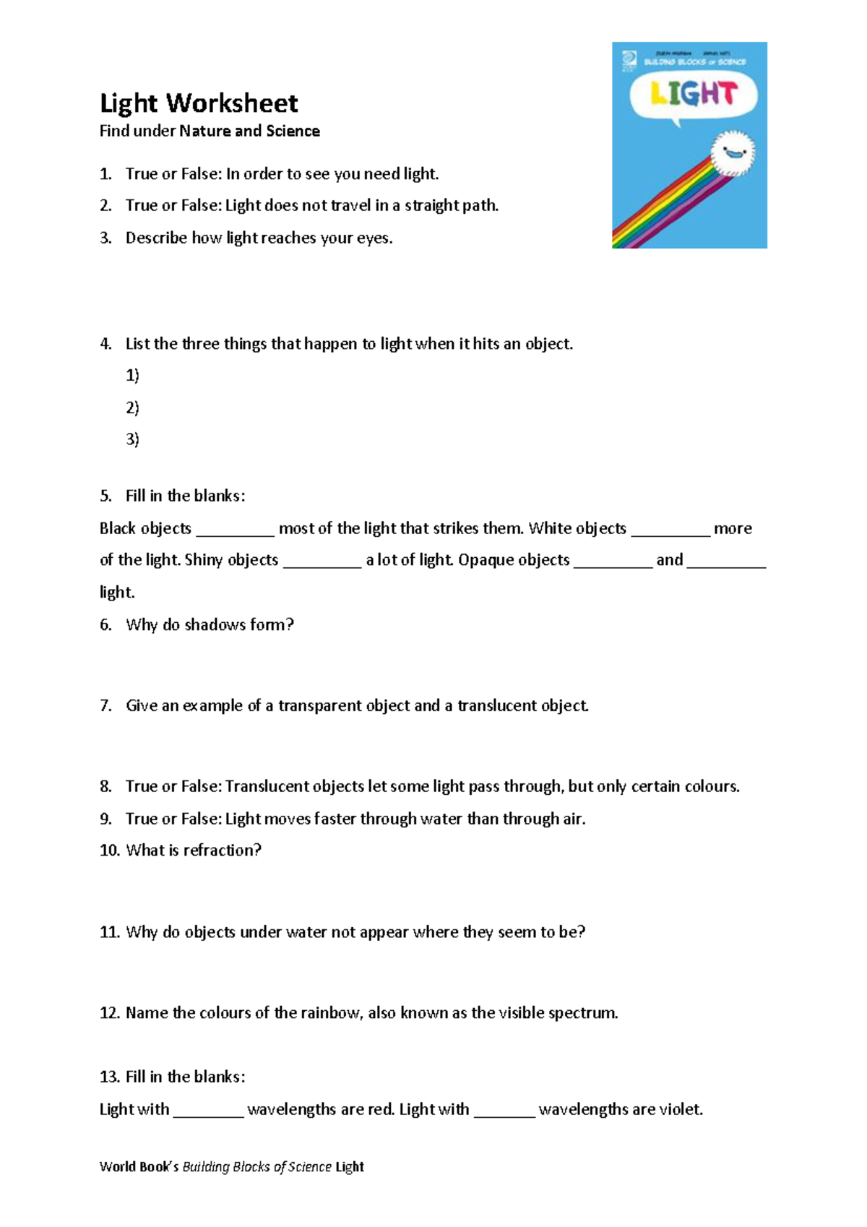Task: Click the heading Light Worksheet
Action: (199, 103)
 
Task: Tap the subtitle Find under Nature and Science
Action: (210, 131)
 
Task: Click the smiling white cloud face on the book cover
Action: (732, 152)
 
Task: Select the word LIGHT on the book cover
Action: (693, 94)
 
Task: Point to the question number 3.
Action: (105, 238)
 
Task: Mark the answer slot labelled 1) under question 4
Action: (132, 375)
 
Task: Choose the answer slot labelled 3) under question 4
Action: (132, 439)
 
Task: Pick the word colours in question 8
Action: (710, 786)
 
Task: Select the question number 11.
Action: (109, 932)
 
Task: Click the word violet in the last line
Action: (680, 1109)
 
